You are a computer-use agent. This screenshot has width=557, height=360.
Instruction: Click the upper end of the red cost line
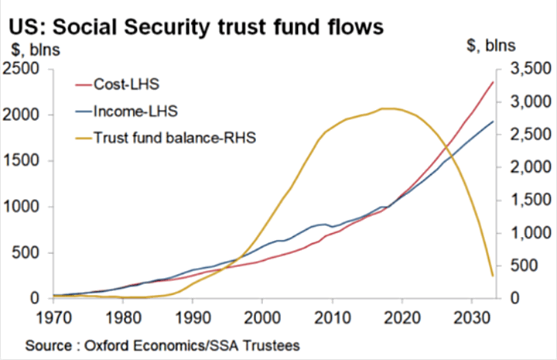[x=493, y=82]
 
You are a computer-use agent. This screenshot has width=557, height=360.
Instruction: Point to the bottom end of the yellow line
[x=494, y=276]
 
